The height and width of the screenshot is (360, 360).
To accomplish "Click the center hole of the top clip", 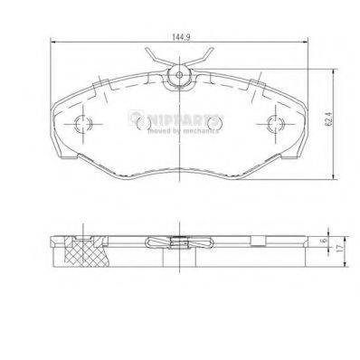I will coord(180,74).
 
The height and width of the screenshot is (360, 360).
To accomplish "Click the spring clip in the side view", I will coord(180,242).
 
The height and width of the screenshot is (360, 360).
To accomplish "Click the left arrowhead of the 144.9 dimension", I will coord(53,45).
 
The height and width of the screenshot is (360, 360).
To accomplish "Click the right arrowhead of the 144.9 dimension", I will coord(305,45).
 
